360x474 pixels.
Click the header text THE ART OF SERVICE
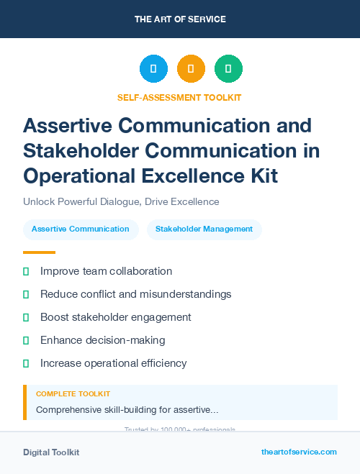click(x=179, y=19)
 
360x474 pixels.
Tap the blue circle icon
click(x=153, y=69)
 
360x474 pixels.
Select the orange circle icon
click(x=191, y=69)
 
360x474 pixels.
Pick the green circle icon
click(x=228, y=69)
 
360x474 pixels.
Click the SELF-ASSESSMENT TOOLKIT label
click(x=179, y=97)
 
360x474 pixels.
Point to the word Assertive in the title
click(x=66, y=125)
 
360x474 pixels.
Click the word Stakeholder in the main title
click(x=77, y=150)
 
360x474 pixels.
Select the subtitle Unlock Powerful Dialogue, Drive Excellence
click(x=121, y=202)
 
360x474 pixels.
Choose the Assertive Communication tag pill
click(x=81, y=229)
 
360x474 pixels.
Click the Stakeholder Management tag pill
click(x=204, y=229)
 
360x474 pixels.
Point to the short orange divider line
click(x=39, y=252)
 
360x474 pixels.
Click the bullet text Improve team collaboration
click(x=106, y=271)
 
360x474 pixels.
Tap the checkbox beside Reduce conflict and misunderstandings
click(x=27, y=294)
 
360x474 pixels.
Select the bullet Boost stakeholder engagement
click(x=115, y=317)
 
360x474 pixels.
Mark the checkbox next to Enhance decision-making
click(x=27, y=340)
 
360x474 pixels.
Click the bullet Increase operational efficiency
click(x=113, y=363)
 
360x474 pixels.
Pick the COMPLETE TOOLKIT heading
click(x=73, y=394)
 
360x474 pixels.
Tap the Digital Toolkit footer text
click(x=51, y=452)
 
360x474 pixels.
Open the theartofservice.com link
click(x=299, y=452)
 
